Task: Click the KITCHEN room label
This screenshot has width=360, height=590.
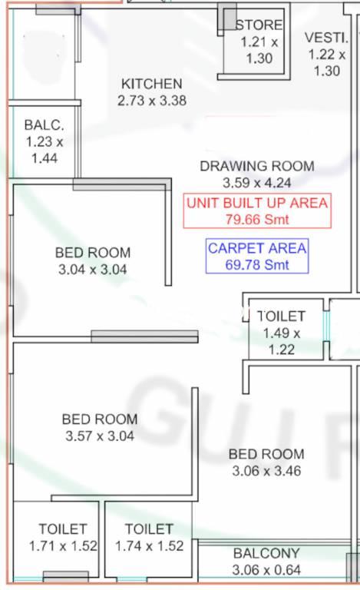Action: coord(152,84)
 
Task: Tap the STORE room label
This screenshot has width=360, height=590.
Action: coord(259,25)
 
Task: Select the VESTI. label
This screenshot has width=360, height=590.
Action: coord(326,38)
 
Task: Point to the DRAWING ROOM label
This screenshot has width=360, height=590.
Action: coord(257,166)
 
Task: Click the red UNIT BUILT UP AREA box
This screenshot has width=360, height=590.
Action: coord(257,210)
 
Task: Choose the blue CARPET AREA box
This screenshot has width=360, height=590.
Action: coord(257,256)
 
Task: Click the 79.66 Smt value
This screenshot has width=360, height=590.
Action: coord(257,219)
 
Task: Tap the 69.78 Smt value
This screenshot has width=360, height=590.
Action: coord(257,264)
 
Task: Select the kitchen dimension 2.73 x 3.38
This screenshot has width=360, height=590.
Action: coord(152,101)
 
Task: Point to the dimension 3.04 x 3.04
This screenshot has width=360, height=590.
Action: coord(93,270)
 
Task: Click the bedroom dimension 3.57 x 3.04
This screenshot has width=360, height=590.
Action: coord(100,436)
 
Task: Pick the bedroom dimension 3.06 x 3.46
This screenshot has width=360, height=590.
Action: coord(266,471)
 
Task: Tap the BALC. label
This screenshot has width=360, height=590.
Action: coord(45,125)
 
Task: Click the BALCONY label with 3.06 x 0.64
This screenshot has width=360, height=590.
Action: coord(266,553)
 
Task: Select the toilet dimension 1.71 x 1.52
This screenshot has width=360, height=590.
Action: coord(63,546)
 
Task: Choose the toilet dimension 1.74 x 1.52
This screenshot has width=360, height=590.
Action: coord(149,546)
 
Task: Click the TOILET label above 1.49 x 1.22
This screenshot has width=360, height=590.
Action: coord(281,316)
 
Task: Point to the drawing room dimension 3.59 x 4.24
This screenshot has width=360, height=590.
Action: coord(257,183)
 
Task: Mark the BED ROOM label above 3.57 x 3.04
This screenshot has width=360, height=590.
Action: coord(100,419)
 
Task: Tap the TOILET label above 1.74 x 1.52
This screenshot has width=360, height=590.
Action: coord(149,529)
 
